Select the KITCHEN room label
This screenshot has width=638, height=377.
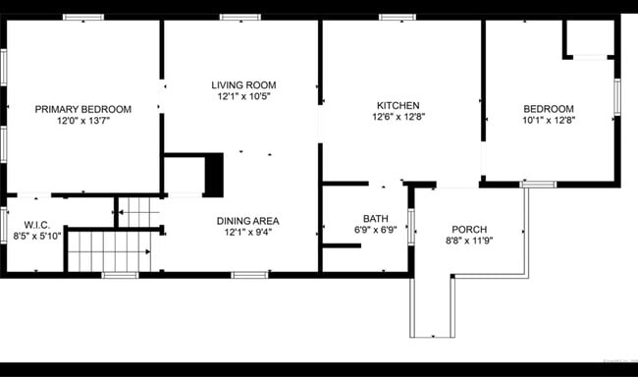398,105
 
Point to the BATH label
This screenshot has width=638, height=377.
375,219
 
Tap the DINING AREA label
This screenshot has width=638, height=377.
247,221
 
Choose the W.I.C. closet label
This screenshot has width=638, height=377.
37,225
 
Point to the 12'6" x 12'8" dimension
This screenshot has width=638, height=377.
398,117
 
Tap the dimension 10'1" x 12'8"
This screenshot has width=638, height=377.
548,121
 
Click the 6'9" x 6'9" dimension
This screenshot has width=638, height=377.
375,231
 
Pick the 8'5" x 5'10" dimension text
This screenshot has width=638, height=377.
37,237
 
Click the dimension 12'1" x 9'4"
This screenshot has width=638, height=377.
247,233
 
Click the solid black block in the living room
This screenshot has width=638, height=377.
214,176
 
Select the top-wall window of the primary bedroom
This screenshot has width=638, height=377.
83,17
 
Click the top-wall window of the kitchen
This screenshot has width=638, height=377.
397,17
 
